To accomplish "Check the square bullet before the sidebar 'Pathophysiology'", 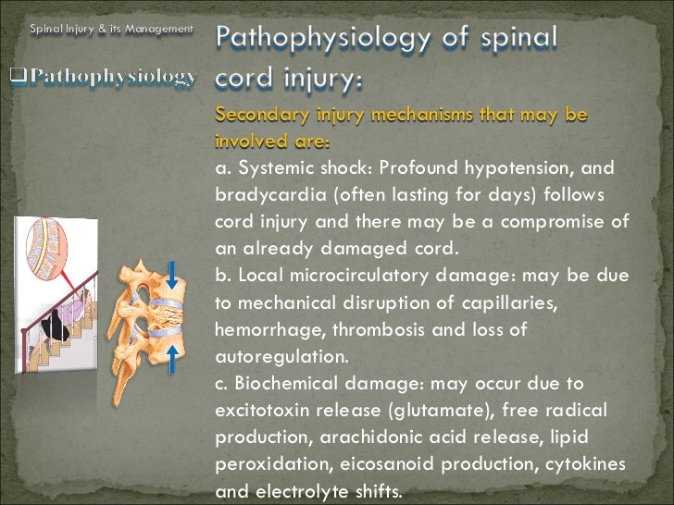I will point(18,75).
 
